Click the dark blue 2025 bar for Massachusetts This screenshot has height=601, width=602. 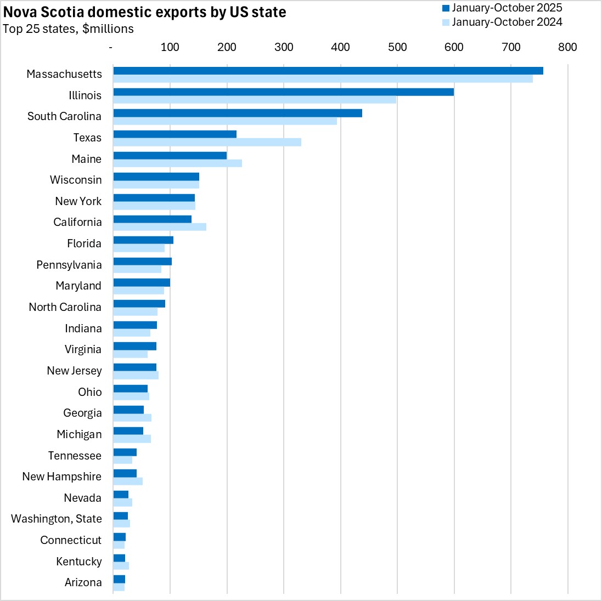click(328, 71)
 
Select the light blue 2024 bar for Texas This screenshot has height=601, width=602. click(207, 143)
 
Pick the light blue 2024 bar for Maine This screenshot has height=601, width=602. click(177, 163)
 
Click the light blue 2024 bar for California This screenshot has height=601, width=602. click(159, 227)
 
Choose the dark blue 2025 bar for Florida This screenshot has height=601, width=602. click(143, 240)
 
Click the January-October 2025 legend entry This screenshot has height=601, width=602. click(502, 8)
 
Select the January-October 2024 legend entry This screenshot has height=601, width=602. click(502, 22)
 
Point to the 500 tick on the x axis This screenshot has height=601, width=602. click(397, 47)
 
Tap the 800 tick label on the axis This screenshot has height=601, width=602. click(568, 47)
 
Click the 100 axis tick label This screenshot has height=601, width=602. click(170, 47)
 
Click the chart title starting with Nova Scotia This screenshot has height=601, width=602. click(145, 12)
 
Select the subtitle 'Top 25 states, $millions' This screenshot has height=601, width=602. click(68, 29)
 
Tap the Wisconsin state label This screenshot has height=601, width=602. click(76, 180)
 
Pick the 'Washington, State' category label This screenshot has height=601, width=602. click(57, 519)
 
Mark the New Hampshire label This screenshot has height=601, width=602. click(61, 477)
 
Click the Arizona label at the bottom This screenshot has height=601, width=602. click(83, 582)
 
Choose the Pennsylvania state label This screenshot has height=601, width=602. click(69, 265)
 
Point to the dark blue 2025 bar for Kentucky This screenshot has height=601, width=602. click(119, 558)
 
